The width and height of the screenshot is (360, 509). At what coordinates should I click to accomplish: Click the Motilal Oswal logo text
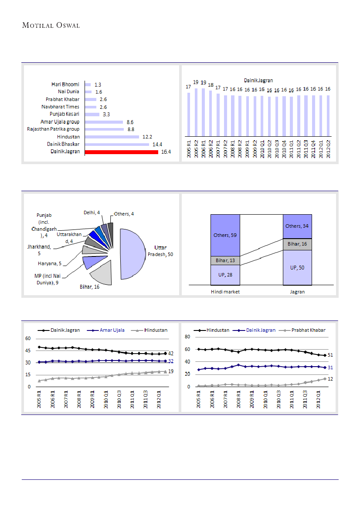pyautogui.click(x=51, y=25)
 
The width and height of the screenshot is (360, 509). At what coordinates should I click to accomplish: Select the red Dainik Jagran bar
pyautogui.click(x=121, y=152)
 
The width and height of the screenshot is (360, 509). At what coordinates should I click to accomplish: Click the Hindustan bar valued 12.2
pyautogui.click(x=112, y=137)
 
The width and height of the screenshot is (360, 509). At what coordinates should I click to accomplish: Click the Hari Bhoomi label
pyautogui.click(x=65, y=84)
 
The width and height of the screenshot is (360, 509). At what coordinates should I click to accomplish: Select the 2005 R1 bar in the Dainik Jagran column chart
pyautogui.click(x=188, y=114)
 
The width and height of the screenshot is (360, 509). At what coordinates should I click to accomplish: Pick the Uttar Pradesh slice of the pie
pyautogui.click(x=133, y=253)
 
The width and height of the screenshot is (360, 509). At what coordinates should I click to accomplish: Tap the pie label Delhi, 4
pyautogui.click(x=92, y=212)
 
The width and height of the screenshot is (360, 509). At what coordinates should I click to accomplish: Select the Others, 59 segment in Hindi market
pyautogui.click(x=225, y=235)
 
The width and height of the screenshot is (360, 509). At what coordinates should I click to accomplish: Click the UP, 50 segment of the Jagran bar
pyautogui.click(x=297, y=267)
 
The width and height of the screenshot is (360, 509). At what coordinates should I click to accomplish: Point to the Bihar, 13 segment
pyautogui.click(x=225, y=260)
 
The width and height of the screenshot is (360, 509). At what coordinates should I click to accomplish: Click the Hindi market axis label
pyautogui.click(x=225, y=292)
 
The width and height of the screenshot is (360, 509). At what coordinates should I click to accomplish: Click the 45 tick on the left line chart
pyautogui.click(x=28, y=351)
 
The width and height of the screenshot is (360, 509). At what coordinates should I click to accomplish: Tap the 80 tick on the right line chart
pyautogui.click(x=188, y=337)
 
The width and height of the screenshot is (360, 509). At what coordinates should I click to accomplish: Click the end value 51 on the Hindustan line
pyautogui.click(x=330, y=355)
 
